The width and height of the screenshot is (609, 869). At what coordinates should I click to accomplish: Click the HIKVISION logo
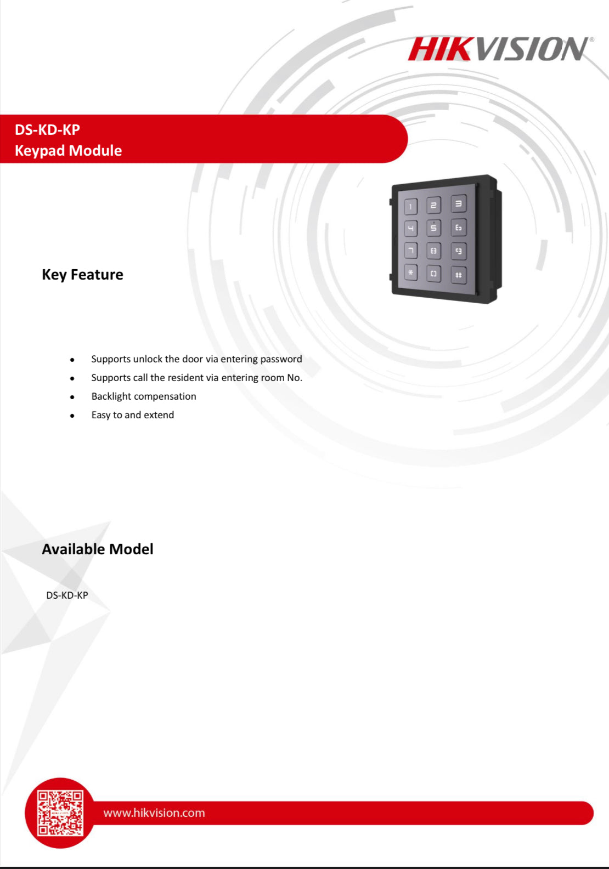point(498,49)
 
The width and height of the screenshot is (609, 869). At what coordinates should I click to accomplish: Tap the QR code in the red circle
point(60,813)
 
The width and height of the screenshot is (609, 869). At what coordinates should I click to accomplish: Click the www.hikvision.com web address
point(154,813)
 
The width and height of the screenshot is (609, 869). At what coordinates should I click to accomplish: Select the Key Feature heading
point(83,274)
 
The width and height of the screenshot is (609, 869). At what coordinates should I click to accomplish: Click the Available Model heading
point(98,549)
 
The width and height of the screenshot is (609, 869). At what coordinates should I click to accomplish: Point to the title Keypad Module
point(69,150)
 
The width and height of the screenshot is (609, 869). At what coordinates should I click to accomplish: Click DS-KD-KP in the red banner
point(48,129)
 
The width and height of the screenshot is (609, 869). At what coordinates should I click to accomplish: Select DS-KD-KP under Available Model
point(67,595)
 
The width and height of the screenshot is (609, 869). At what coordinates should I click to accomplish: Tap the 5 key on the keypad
point(433,228)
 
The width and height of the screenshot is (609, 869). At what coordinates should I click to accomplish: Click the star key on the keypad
point(410,272)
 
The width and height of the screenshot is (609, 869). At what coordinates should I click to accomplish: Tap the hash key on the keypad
point(459,275)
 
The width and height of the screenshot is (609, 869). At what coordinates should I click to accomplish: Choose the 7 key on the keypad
point(410,251)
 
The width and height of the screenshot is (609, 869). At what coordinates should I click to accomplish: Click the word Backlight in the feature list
point(111,396)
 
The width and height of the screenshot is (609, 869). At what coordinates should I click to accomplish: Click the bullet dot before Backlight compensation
point(72,397)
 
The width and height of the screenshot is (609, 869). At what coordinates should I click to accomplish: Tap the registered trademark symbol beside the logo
point(591,39)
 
